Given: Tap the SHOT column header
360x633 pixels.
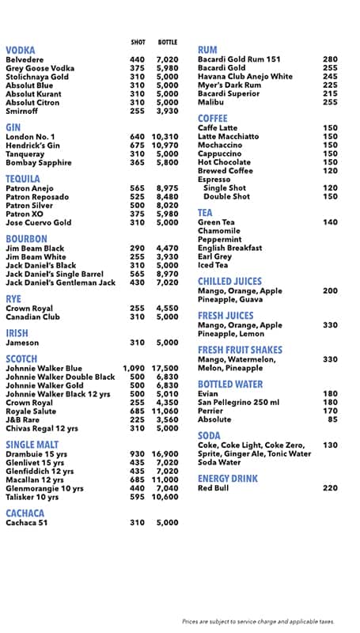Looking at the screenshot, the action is point(138,42).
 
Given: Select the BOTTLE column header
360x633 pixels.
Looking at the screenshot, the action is point(168,42).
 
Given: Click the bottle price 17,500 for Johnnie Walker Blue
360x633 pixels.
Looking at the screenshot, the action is point(165,368).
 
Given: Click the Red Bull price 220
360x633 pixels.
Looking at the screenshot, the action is point(330,488).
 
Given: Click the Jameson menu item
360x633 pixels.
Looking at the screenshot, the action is point(22,343).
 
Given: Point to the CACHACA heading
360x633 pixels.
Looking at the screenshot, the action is point(25,514).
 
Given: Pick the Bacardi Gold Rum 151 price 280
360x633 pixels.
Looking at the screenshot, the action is point(330,59).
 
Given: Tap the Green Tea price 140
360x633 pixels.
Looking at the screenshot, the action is point(330,222).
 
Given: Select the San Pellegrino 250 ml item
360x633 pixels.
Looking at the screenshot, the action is point(238,402).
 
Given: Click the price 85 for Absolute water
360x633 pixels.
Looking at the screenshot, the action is point(333,419).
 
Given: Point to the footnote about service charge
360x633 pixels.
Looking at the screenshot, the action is point(258,622).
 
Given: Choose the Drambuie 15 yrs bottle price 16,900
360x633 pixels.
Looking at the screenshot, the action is point(165,453).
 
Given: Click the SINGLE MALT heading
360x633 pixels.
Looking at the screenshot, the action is point(32,444).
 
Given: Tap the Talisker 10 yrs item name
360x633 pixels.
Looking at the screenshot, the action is point(32,497).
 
